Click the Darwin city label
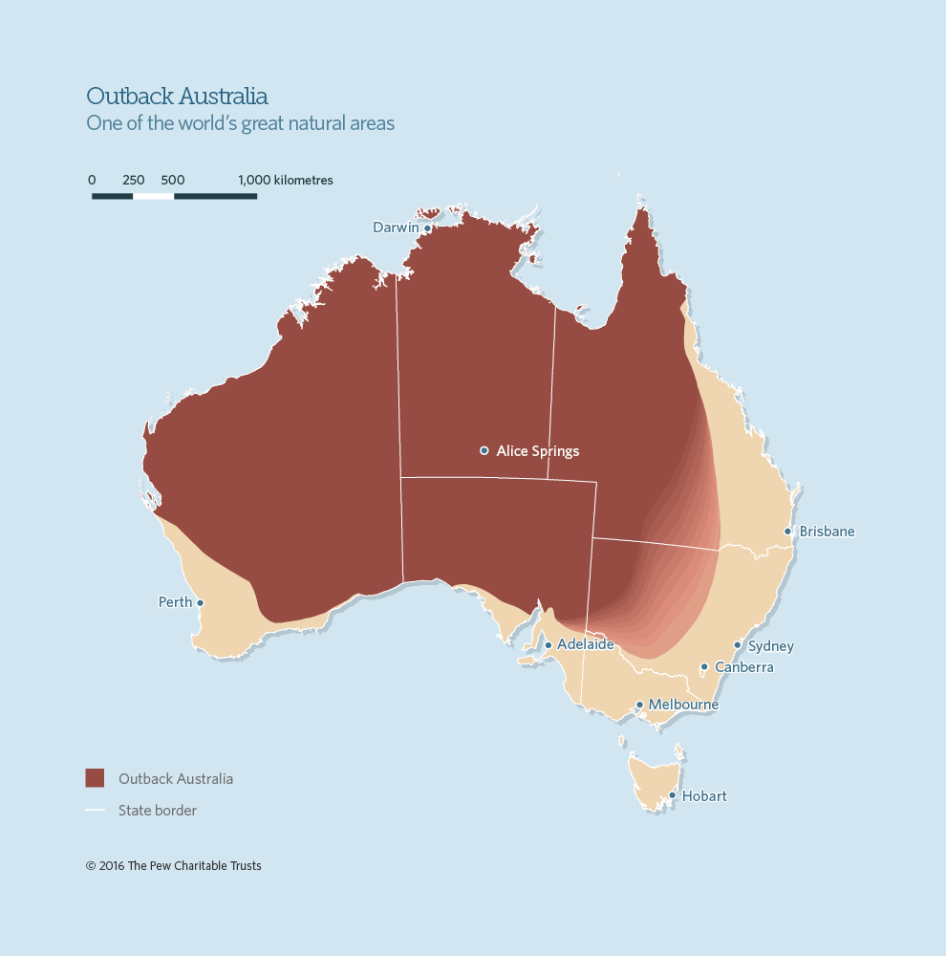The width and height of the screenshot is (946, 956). [395, 228]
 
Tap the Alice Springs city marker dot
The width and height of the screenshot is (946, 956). [484, 450]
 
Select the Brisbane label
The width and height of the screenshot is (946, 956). [827, 532]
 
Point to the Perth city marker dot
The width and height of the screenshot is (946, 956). [200, 602]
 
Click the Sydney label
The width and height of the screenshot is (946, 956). [770, 646]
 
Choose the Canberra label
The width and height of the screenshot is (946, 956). [743, 667]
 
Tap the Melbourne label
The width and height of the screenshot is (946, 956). [683, 705]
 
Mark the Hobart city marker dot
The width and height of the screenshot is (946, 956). [672, 795]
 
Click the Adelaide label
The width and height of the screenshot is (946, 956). [585, 644]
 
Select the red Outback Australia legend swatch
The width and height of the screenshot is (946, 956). [95, 778]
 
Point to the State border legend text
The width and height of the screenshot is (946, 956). [158, 811]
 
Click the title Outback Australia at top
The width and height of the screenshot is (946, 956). [177, 97]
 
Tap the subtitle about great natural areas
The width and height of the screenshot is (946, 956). [240, 123]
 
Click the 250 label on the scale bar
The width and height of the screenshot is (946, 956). [134, 180]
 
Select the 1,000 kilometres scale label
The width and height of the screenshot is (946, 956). [285, 180]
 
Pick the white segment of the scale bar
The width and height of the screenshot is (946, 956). [153, 196]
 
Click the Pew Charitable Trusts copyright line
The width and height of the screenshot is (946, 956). [173, 866]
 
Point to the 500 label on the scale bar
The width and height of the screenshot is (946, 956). [173, 180]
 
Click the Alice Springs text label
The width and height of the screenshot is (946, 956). [537, 451]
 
